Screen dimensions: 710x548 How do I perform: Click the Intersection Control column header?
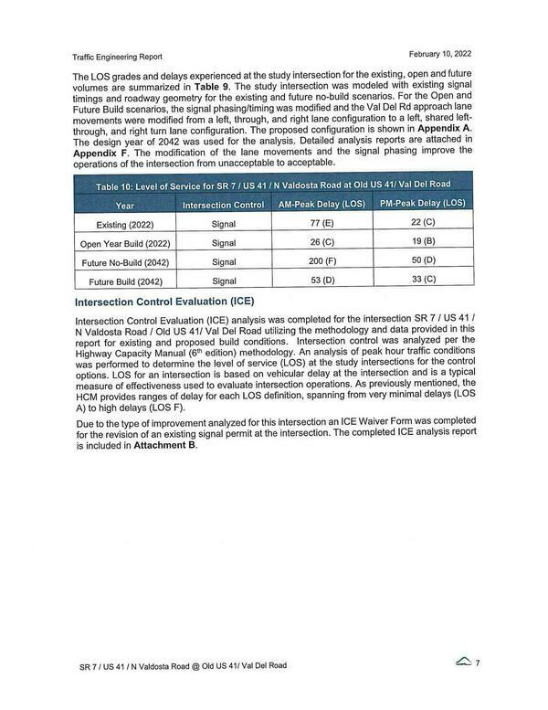coord(223,206)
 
